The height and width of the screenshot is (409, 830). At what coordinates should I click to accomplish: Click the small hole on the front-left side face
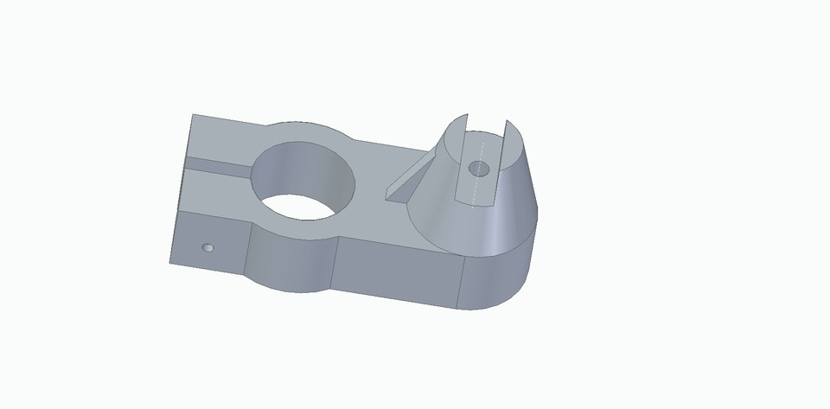click(207, 247)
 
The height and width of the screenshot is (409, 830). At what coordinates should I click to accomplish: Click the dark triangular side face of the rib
click(399, 192)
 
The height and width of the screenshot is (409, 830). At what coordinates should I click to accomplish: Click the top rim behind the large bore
click(311, 130)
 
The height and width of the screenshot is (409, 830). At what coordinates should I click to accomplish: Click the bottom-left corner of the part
click(170, 262)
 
